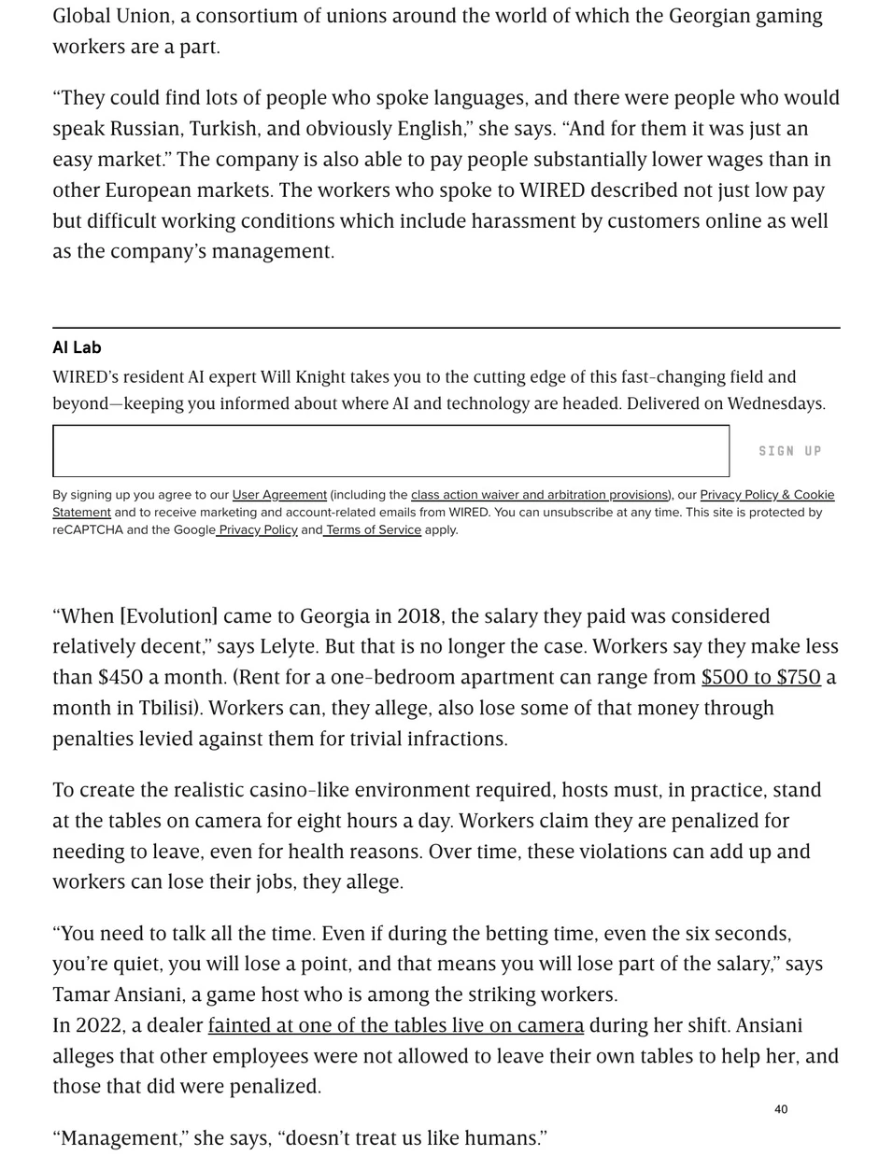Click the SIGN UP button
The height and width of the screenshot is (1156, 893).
(789, 451)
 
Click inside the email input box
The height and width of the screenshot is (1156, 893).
(390, 451)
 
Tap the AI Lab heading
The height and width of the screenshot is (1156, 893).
(77, 347)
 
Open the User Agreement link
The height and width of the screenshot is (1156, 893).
(279, 495)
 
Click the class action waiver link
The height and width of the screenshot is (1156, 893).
(539, 495)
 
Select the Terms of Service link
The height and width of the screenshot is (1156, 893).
(373, 530)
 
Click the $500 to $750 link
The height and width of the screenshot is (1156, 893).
(760, 678)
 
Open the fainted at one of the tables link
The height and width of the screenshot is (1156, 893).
(395, 1025)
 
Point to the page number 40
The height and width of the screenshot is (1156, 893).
(781, 1109)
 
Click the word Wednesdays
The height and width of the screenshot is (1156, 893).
(774, 404)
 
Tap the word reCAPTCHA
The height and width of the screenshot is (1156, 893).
(87, 530)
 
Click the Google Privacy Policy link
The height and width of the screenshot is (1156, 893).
(257, 530)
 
